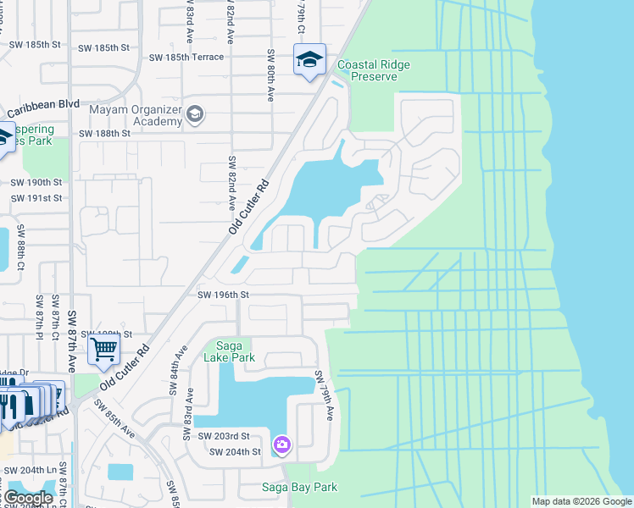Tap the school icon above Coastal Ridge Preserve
click(309, 59)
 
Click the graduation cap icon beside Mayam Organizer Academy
click(195, 114)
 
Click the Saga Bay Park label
click(300, 487)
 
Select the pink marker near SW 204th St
click(282, 444)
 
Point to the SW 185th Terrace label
click(186, 58)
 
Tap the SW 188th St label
click(105, 134)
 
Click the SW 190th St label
click(36, 182)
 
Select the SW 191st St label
click(36, 198)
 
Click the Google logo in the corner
click(28, 498)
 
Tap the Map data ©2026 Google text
click(581, 501)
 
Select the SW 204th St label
click(236, 452)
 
